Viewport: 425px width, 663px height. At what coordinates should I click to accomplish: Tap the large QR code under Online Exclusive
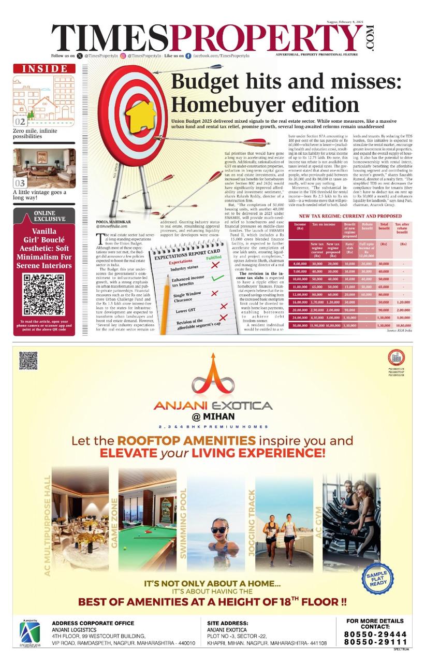point(44,295)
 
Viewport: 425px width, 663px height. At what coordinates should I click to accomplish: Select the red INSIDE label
point(44,69)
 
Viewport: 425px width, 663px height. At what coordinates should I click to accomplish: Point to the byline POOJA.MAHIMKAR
point(114,222)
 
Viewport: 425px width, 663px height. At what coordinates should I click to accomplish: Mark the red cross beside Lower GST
point(223,307)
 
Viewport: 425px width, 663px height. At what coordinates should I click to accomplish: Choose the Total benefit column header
point(384,227)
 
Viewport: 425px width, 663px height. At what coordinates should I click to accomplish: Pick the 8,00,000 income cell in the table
point(300,264)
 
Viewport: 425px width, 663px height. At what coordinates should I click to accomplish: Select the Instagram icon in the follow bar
point(123,55)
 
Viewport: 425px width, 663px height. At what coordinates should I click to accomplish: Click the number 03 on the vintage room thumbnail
point(20,182)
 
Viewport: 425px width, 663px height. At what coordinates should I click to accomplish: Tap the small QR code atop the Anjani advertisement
point(28,361)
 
